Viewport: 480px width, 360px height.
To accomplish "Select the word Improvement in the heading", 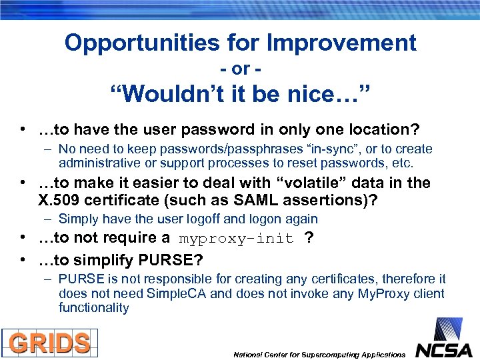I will [x=341, y=43].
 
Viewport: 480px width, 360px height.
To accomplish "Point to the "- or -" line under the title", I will [x=240, y=69].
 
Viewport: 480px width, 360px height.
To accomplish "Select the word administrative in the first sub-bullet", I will [x=97, y=163].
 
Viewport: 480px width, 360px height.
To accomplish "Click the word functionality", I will [x=93, y=308].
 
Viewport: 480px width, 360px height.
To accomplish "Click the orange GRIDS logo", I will [x=50, y=343].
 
